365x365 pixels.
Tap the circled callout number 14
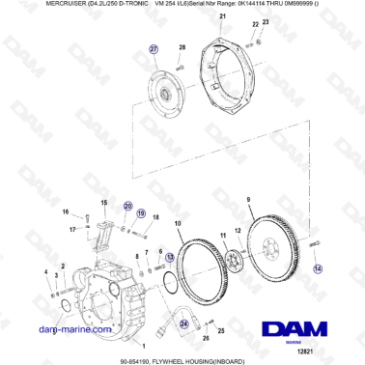point(319,271)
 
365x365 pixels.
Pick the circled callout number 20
point(126,208)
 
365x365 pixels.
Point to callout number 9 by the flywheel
point(248,199)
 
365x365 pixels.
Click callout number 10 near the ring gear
point(177,223)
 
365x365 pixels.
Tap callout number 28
point(181,47)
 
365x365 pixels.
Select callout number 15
point(103,202)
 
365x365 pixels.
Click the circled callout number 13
point(170,258)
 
